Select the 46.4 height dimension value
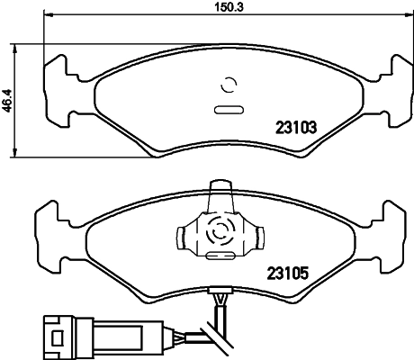6,98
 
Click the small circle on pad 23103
228,87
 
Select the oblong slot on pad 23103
228,111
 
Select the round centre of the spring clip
219,232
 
